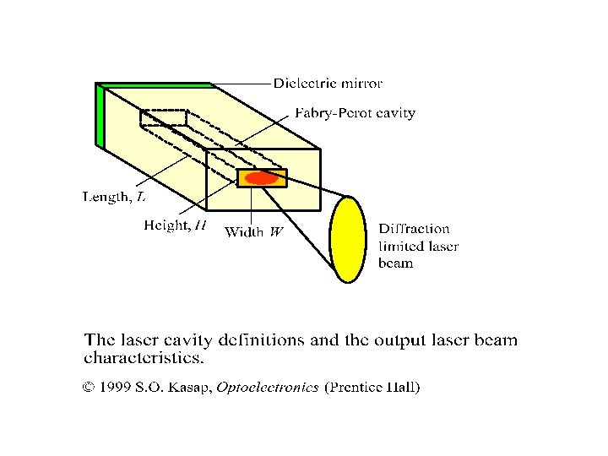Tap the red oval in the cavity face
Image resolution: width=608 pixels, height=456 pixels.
point(262,178)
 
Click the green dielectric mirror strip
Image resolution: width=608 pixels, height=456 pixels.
point(101,117)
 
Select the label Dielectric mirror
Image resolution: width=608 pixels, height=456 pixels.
point(328,84)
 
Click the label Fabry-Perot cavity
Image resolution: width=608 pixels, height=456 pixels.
point(355,112)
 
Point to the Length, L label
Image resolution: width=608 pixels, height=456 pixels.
point(113,198)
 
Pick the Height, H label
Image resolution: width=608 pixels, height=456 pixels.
point(174,225)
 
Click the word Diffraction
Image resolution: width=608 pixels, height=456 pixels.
point(414,228)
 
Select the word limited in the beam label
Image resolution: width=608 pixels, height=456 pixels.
point(400,246)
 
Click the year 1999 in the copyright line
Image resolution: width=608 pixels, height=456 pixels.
point(115,388)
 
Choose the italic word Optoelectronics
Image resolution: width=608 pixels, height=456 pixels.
point(267,388)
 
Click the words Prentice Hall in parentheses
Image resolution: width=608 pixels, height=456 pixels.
point(372,388)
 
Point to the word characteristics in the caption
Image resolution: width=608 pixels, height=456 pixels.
point(144,358)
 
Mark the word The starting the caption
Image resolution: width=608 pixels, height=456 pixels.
point(98,341)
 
